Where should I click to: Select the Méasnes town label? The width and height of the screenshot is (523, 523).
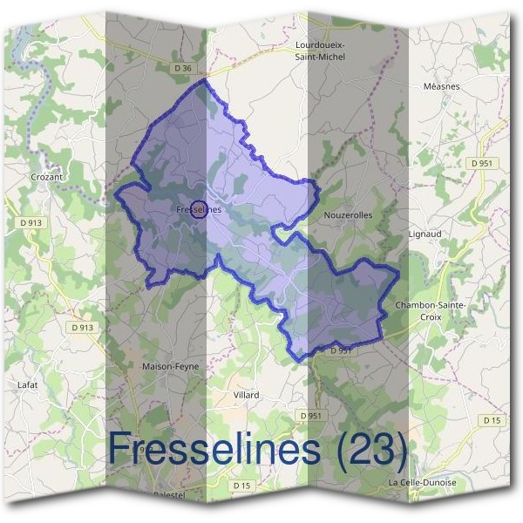(464, 87)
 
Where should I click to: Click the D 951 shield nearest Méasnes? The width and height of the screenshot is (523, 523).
(480, 163)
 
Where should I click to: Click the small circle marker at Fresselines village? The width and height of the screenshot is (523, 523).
(199, 209)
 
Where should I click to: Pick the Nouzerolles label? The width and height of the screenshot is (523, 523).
(348, 214)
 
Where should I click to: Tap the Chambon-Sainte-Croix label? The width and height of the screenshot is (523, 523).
(431, 310)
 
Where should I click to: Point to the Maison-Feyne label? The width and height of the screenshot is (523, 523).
(170, 367)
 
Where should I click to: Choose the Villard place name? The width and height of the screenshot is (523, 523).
(247, 395)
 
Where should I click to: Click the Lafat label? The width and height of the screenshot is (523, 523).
(29, 384)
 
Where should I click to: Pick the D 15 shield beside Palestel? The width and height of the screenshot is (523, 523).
(241, 485)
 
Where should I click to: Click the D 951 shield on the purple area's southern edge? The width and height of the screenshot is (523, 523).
(341, 350)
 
